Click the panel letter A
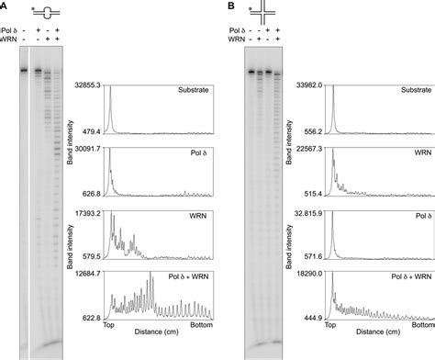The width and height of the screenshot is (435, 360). (5, 6)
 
